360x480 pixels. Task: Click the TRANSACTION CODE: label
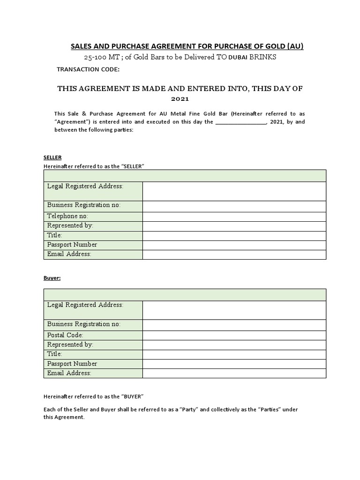point(88,69)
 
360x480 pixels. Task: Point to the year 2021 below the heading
point(180,99)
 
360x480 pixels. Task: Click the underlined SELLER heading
point(52,157)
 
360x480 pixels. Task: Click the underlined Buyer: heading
point(52,277)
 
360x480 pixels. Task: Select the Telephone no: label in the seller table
point(67,216)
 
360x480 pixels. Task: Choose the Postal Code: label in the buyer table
point(65,335)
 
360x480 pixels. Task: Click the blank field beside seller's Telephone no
point(234,217)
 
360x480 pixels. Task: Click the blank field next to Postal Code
point(234,335)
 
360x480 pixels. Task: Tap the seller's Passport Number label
point(72,245)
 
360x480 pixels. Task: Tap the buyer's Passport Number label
point(72,364)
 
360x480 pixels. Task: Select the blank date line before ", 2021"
point(241,122)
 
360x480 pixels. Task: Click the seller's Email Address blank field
point(234,255)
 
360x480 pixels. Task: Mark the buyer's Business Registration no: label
point(84,324)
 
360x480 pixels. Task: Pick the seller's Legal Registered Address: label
point(85,186)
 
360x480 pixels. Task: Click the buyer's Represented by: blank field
point(234,345)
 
